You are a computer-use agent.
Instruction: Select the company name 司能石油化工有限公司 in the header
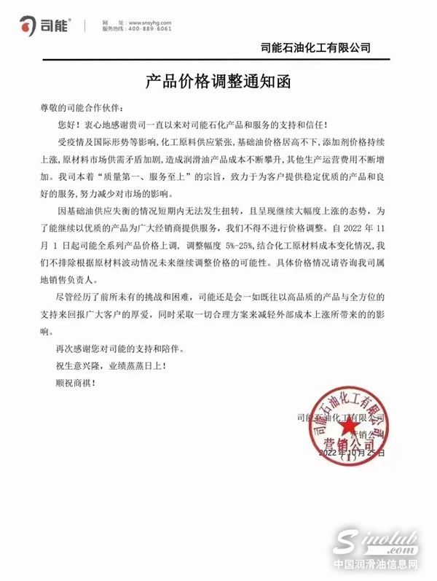[x=315, y=49]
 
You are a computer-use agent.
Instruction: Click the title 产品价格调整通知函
[x=219, y=79]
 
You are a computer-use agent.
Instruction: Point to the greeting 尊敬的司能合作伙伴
[x=76, y=107]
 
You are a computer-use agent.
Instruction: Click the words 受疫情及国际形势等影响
[x=106, y=141]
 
